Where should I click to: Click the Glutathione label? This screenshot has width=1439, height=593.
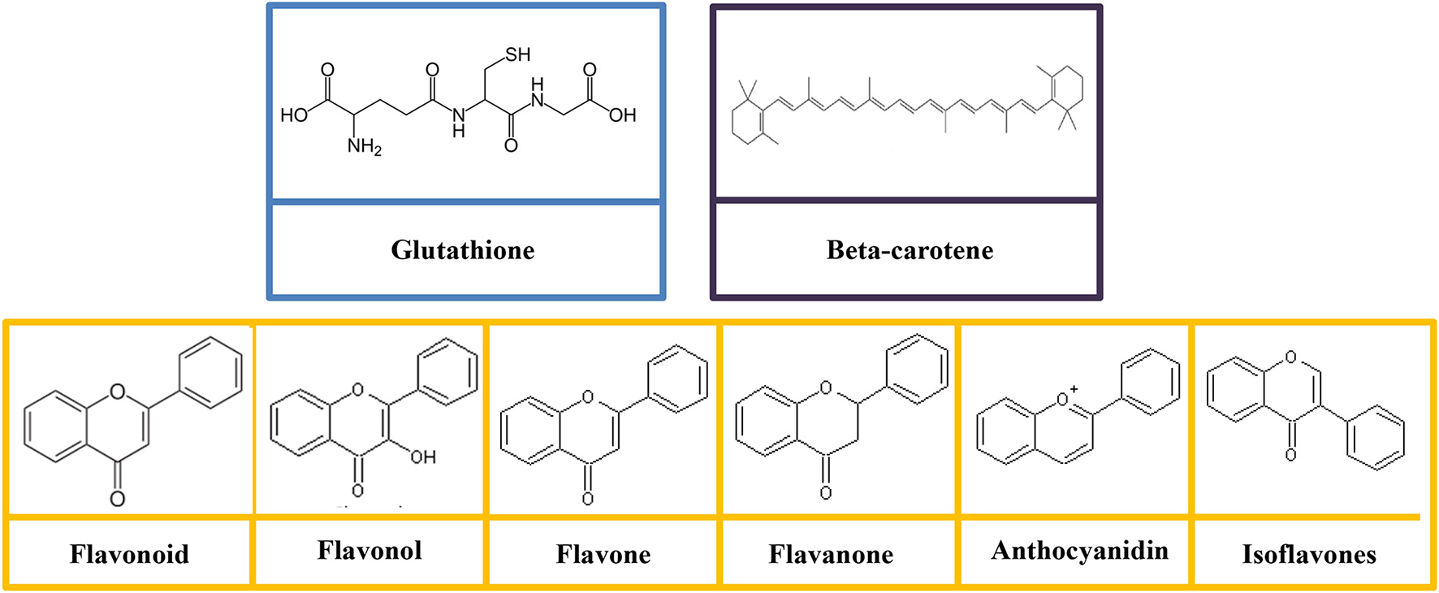[x=463, y=250]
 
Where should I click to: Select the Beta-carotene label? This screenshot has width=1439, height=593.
[x=910, y=250]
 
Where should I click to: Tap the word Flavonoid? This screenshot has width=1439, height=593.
[x=129, y=554]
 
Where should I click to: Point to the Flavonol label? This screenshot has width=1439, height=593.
[x=369, y=551]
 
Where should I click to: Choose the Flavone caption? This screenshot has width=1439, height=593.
[x=603, y=554]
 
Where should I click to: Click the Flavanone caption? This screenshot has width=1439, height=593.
[x=831, y=554]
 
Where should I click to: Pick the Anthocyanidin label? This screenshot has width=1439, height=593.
[x=1079, y=551]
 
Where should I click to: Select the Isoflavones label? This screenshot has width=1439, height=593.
[x=1309, y=554]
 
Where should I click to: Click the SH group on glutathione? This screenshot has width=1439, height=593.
[x=517, y=55]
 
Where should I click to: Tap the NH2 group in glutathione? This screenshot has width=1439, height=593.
[x=364, y=147]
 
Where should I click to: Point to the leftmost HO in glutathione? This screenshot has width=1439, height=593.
[x=294, y=115]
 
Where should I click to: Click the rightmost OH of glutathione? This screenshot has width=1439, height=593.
[x=622, y=115]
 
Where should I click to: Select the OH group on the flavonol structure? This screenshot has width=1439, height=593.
[x=423, y=457]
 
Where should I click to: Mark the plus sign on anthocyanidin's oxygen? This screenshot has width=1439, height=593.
[x=1074, y=389]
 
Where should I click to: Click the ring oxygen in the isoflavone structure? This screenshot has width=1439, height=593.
[x=1290, y=357]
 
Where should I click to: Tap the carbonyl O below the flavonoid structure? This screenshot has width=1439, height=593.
[x=118, y=498]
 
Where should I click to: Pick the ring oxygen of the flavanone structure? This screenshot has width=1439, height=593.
[x=825, y=388]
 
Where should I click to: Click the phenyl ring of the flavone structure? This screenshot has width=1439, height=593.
[x=678, y=379]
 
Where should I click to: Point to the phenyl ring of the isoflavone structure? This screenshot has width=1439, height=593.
[x=1376, y=438]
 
